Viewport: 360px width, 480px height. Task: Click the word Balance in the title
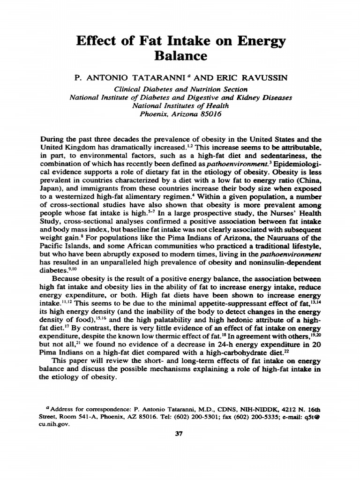coord(180,56)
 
